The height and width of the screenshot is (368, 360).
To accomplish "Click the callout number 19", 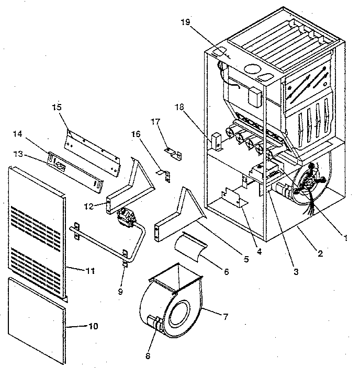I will point(186,23).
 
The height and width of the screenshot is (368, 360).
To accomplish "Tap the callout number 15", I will point(57,107).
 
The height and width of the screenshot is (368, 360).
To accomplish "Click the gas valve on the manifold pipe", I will point(126,215).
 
